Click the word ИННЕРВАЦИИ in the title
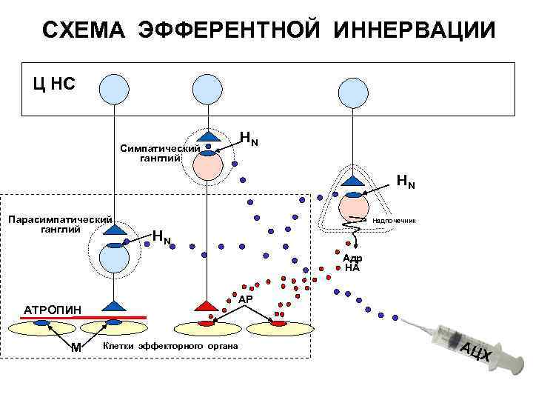[414, 30]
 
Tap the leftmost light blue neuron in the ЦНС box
[115, 89]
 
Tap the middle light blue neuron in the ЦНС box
[207, 89]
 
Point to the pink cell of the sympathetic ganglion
[209, 165]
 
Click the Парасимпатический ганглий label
[58, 223]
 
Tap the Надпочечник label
[395, 221]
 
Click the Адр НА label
[352, 264]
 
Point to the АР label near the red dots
[246, 299]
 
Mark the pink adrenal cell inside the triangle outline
[355, 207]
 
